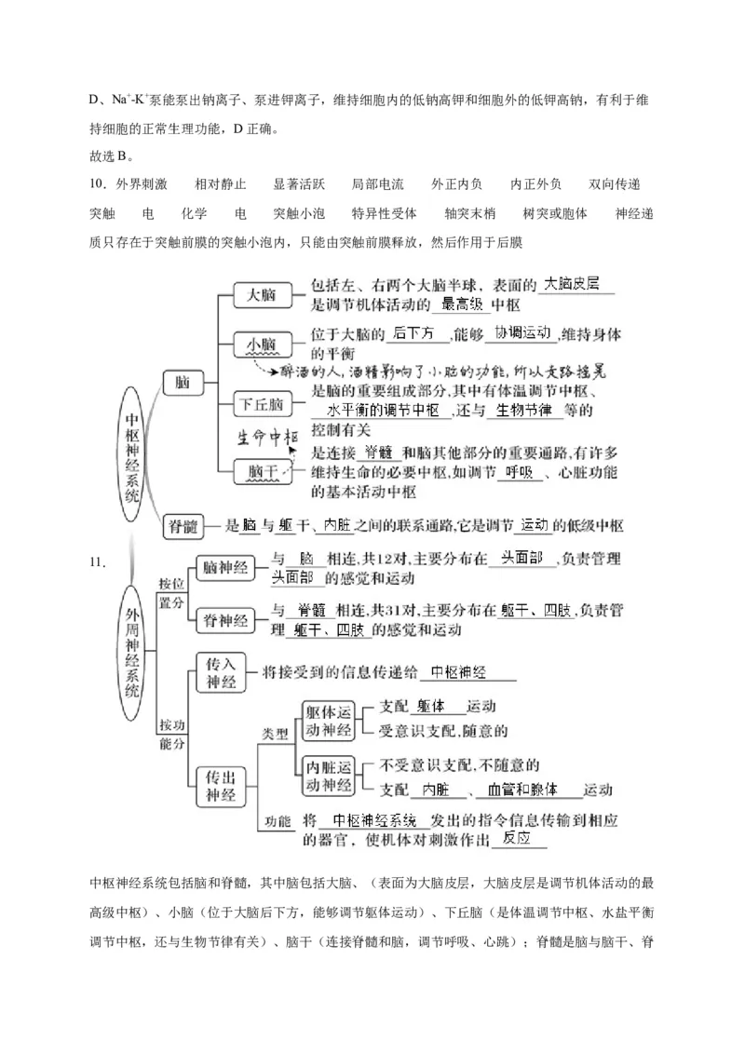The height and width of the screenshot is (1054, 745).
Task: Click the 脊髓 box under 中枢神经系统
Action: (183, 526)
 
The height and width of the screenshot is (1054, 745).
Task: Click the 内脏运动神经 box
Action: (330, 777)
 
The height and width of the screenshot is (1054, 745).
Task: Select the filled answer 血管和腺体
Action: (522, 790)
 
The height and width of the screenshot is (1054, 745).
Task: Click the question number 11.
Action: (99, 561)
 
